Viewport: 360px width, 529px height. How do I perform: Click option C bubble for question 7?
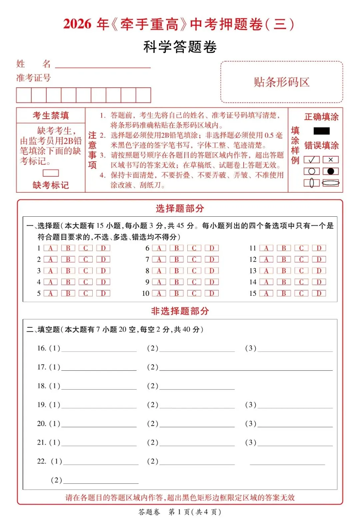click(x=194, y=259)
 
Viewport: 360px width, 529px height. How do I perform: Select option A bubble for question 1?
click(x=50, y=248)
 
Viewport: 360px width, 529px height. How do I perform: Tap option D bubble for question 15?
click(x=319, y=293)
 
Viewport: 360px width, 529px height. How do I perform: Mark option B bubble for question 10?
click(x=177, y=293)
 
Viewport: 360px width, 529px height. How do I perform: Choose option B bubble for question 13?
click(x=284, y=271)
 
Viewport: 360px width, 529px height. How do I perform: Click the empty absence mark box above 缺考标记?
click(x=51, y=173)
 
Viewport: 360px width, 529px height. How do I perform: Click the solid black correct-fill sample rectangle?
click(x=321, y=131)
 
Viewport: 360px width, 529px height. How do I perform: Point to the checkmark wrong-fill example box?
click(x=312, y=160)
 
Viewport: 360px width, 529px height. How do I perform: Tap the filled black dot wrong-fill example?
click(x=331, y=171)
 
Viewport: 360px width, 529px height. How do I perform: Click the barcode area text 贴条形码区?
click(x=282, y=82)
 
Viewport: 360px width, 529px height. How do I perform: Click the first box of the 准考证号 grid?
click(x=24, y=95)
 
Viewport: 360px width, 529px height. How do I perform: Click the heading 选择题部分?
click(x=180, y=209)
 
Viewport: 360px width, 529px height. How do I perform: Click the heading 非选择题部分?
click(x=180, y=311)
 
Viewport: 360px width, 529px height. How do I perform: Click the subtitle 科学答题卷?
click(x=180, y=47)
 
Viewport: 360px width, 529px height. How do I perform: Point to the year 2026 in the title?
click(x=77, y=24)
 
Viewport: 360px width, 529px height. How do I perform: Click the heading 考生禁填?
click(x=51, y=116)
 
